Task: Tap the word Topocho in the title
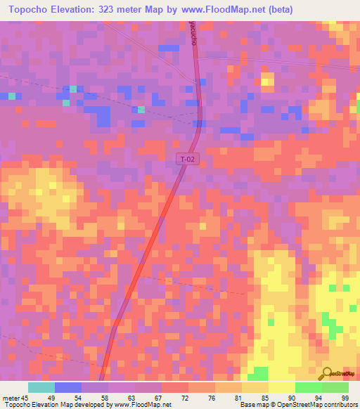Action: [x=32, y=10]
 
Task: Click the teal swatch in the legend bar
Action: [x=41, y=387]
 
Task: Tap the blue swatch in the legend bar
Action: [x=68, y=387]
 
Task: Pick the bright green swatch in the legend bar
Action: [x=308, y=387]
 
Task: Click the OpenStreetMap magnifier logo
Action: [x=327, y=374]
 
